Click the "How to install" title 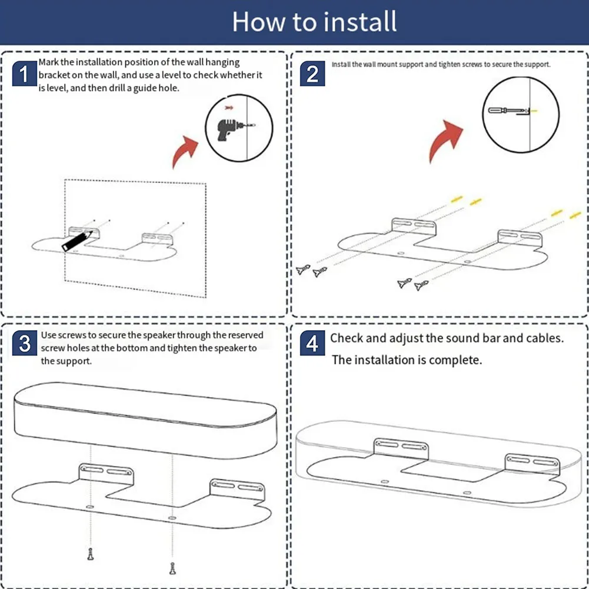314,22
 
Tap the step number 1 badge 24,75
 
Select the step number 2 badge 312,74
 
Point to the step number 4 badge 312,344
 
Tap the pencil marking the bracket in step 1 77,241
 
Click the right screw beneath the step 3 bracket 172,568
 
